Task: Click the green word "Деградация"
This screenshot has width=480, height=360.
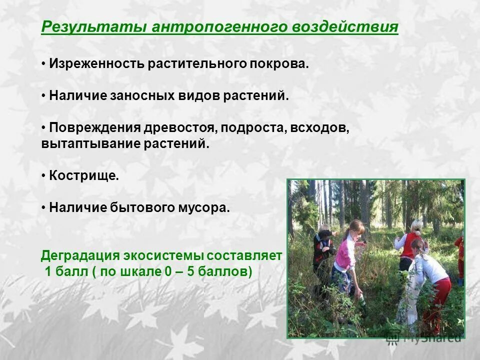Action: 77,255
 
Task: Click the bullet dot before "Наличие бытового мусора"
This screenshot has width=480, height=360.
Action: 44,207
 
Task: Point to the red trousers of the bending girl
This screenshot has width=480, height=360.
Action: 440,300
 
